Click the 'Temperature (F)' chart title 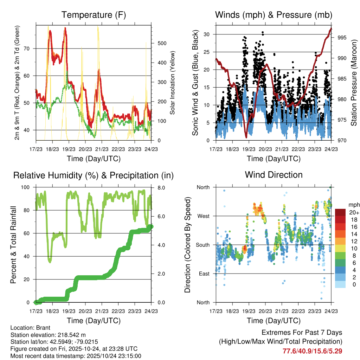[93, 15]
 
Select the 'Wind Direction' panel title [274, 174]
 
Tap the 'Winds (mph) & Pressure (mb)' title [274, 15]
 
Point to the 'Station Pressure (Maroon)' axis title [354, 83]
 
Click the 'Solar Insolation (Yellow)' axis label [172, 83]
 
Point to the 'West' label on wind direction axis [203, 216]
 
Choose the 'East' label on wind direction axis [203, 274]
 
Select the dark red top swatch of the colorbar [340, 212]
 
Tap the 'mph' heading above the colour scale [353, 205]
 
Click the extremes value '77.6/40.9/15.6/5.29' [312, 351]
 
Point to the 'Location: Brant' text [30, 327]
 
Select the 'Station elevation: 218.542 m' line [48, 334]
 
